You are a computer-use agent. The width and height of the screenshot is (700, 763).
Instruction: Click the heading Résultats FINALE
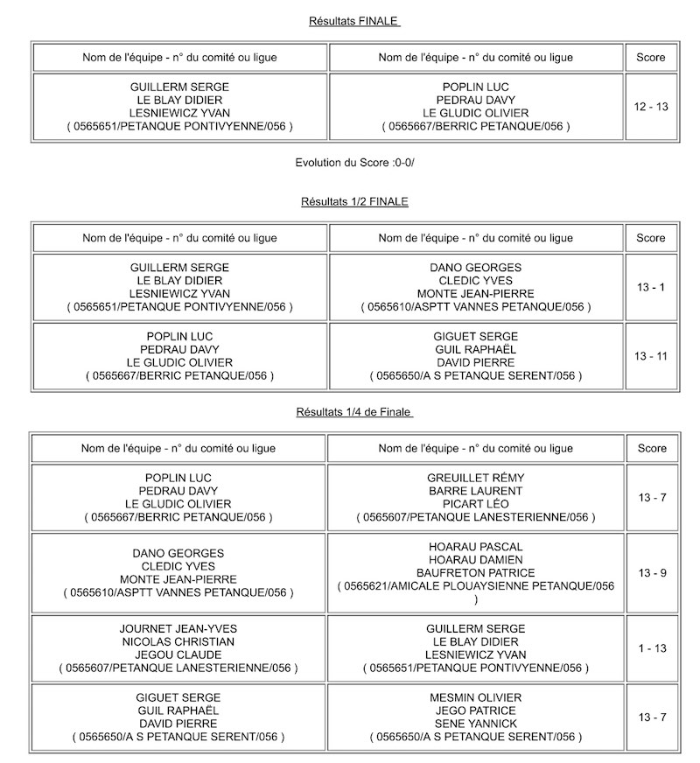pos(354,21)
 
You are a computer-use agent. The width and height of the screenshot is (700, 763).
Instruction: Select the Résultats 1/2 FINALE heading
pos(354,201)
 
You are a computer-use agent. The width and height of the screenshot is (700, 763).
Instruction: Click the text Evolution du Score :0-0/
pos(354,164)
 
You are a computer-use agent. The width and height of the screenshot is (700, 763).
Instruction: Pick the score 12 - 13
pos(651,107)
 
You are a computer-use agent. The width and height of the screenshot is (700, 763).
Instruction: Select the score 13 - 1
pos(651,287)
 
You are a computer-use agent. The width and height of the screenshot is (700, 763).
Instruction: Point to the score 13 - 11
pos(651,356)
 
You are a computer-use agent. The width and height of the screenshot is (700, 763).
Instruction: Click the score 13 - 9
pos(652,573)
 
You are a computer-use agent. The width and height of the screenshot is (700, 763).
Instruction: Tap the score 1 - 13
pos(652,648)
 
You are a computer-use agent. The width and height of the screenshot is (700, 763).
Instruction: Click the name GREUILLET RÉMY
pos(475,478)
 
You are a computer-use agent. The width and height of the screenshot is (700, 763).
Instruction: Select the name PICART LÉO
pos(475,504)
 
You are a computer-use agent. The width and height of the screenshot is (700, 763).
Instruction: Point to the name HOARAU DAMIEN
pos(475,560)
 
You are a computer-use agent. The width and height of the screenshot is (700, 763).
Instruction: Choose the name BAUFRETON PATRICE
pos(475,573)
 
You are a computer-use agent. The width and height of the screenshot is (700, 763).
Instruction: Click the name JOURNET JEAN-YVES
pos(178,629)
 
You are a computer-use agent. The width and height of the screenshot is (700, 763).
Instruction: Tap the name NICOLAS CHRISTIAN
pos(178,642)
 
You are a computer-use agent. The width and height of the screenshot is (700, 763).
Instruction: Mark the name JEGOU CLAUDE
pos(178,655)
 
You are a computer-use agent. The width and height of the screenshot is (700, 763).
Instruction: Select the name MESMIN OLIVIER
pos(475,697)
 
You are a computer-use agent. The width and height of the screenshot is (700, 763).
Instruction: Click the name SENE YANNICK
pos(475,724)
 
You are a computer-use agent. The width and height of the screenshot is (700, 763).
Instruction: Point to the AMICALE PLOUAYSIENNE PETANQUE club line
pos(475,586)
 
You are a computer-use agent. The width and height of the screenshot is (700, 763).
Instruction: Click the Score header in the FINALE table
pos(651,58)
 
